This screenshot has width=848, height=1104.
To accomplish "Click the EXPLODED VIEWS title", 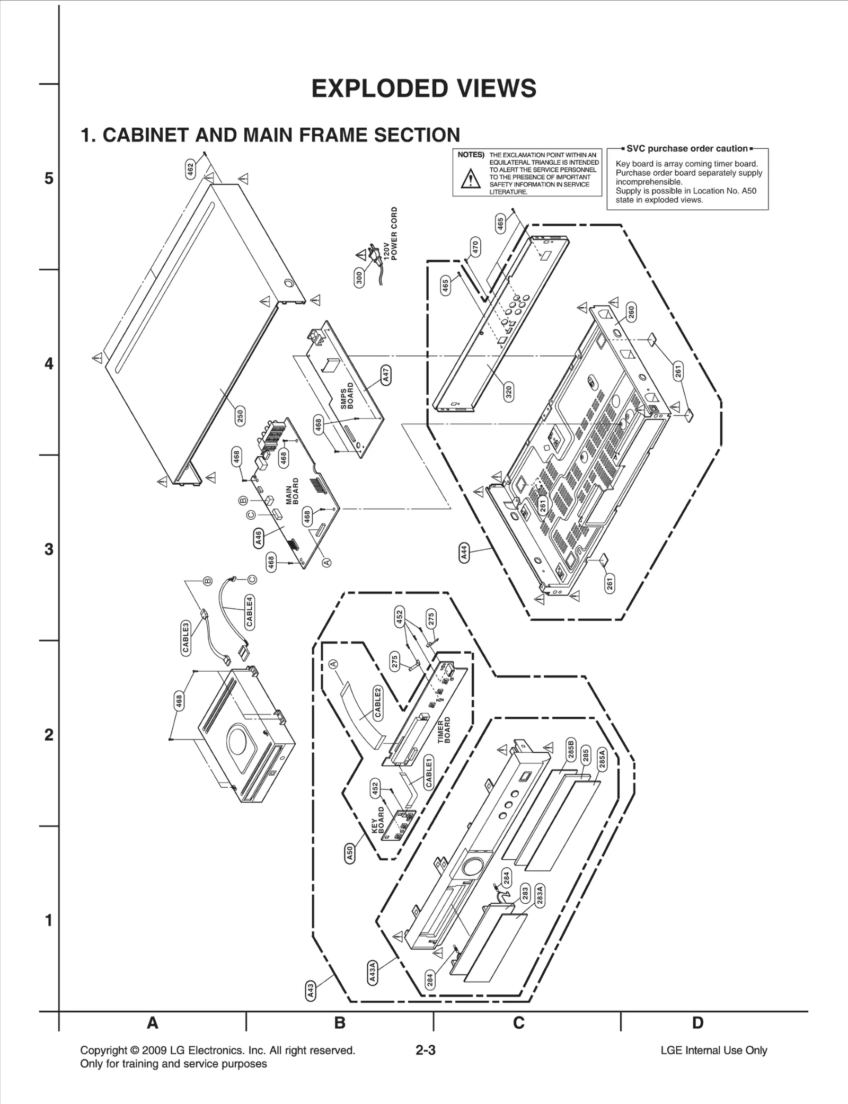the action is coord(423,88).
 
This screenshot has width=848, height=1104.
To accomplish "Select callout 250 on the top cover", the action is coord(240,416).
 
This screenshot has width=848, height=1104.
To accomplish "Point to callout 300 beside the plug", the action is coord(359,278).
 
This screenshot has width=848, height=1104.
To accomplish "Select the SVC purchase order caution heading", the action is coord(687,148).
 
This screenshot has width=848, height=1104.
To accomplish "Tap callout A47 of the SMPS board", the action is coord(386,375).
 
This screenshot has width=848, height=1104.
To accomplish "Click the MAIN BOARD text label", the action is coord(293,491).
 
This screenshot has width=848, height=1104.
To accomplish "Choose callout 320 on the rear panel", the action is coord(508,391).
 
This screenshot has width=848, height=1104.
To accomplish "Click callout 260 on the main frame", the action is coord(631,312).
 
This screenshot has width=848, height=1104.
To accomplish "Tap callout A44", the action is coord(464,554).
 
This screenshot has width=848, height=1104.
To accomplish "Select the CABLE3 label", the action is coord(186,638).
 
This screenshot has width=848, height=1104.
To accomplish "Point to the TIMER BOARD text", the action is coord(444,730).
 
